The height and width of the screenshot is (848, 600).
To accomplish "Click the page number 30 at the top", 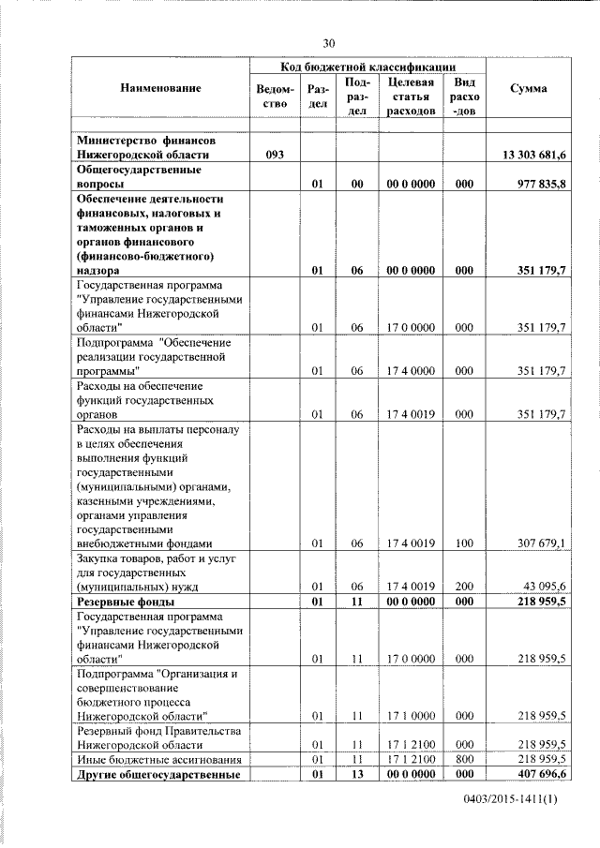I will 328,43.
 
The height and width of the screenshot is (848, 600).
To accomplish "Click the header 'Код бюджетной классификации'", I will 368,67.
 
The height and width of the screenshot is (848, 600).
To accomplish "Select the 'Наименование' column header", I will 160,88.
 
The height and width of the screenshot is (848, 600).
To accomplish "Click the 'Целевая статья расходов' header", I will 411,97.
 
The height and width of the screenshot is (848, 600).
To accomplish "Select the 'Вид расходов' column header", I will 464,97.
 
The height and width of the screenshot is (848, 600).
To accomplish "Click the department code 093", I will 274,155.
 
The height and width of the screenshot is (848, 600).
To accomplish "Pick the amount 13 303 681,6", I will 529,155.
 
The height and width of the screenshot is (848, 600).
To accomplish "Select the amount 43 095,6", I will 541,587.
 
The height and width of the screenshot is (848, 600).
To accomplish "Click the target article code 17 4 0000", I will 411,371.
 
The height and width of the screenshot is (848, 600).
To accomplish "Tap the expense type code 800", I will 463,758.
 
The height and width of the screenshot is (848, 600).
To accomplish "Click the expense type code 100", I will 463,543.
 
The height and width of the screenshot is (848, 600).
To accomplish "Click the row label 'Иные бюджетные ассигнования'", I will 152,758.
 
